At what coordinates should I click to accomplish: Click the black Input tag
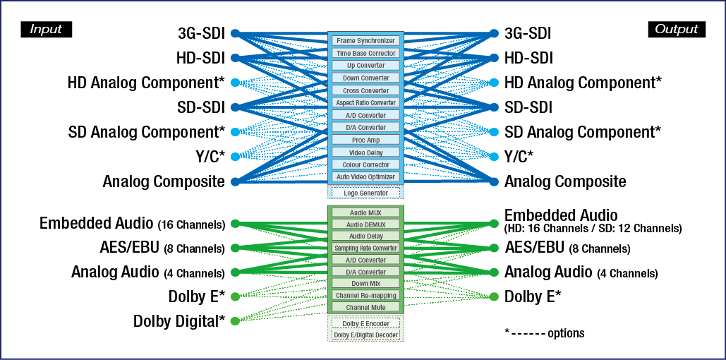pos(47,29)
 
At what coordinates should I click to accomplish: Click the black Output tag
pos(676,29)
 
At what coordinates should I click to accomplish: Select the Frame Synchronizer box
pos(365,41)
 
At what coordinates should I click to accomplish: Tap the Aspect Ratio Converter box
pos(365,103)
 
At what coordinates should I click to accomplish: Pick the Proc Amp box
pos(365,140)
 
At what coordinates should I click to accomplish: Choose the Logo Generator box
pos(365,193)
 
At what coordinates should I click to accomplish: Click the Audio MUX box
pos(365,212)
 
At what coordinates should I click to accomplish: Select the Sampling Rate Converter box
pos(365,248)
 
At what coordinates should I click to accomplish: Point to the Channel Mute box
pos(365,307)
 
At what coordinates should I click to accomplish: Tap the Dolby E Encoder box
pos(365,323)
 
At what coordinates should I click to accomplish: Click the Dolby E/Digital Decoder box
pos(365,335)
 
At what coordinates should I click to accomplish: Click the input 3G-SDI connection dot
pos(236,33)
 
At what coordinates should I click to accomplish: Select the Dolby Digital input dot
pos(236,321)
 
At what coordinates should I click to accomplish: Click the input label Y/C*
pos(208,156)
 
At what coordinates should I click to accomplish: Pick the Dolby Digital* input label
pos(179,321)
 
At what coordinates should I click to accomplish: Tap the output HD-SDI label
pos(528,58)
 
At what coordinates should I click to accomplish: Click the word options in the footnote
pos(565,332)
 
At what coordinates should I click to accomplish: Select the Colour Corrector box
pos(365,164)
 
